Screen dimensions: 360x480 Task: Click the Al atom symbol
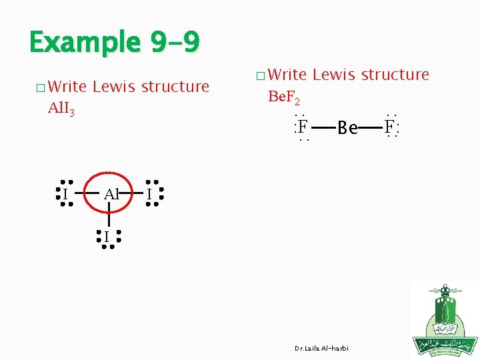(x=111, y=194)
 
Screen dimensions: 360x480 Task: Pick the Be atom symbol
(x=348, y=127)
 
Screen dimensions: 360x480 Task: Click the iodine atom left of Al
(x=65, y=194)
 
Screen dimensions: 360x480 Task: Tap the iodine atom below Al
(x=106, y=237)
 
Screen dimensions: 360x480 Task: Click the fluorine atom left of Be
(x=303, y=126)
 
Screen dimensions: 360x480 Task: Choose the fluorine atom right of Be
(x=390, y=126)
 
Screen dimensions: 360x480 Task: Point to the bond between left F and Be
(x=323, y=127)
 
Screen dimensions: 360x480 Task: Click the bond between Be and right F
(x=371, y=127)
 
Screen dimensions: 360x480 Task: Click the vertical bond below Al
(x=109, y=221)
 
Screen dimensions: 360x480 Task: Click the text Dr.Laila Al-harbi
(x=321, y=349)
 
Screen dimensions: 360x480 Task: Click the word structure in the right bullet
(x=395, y=75)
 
